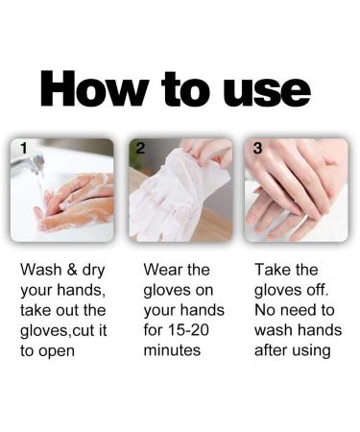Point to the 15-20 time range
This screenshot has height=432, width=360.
coord(198,330)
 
